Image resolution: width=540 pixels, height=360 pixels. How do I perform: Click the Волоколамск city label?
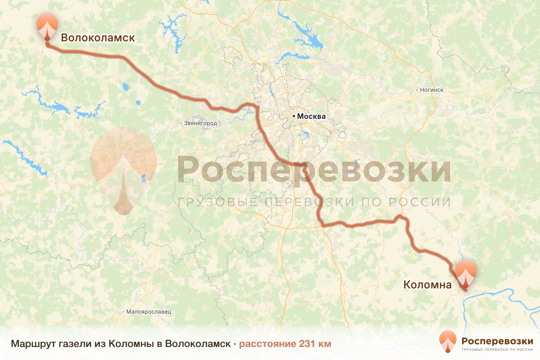pos(98,38)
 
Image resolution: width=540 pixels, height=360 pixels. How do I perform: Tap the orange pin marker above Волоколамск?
pos(47,26)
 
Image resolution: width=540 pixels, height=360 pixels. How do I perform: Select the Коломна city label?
pos(427,285)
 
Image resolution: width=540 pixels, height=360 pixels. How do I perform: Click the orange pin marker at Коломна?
pos(465,273)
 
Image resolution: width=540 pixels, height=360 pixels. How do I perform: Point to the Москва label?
pos(311,116)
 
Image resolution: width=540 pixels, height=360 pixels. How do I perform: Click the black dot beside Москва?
pos(294,116)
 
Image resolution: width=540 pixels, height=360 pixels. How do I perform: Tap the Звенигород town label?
pos(201,123)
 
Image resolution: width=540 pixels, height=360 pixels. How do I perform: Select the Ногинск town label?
pos(431,90)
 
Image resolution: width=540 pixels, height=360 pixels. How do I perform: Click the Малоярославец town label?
pos(149,311)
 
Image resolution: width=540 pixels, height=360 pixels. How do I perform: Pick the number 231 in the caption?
pos(308,344)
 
